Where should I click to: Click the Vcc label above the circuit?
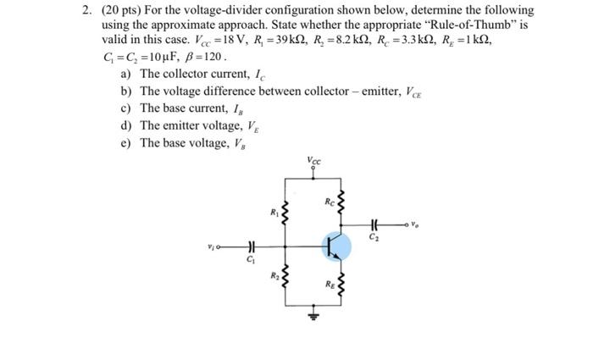point(315,160)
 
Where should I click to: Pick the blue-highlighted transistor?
point(336,246)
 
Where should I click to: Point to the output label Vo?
point(413,224)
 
